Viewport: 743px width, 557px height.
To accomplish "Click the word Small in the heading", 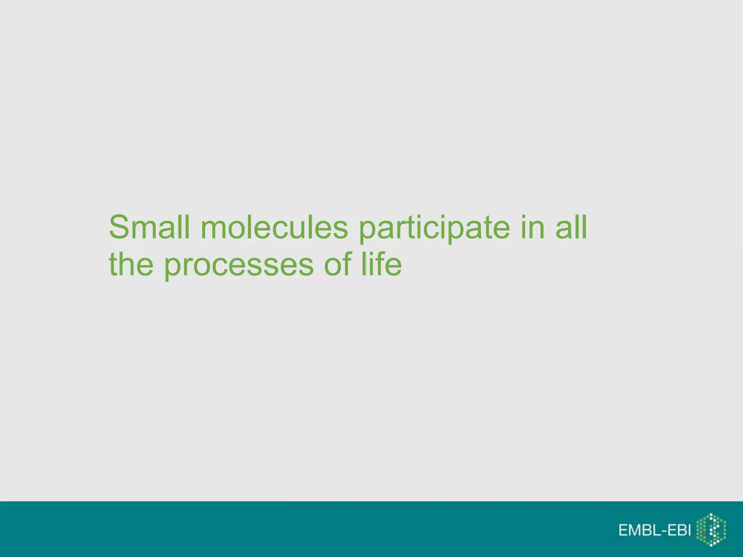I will point(149,227).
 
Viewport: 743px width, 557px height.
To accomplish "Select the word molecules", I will point(274,227).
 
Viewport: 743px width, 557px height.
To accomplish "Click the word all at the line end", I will point(571,227).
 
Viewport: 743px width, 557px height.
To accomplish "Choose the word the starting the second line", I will point(131,264).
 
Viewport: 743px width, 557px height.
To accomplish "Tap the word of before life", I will point(338,264).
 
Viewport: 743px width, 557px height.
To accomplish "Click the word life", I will point(382,264).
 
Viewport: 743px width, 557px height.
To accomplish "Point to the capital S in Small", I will point(119,227).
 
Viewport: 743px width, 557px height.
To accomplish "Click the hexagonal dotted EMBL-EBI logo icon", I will point(711,530).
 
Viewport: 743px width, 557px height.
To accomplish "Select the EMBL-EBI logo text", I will point(655,530).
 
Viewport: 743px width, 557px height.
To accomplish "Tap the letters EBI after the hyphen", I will point(679,530).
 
